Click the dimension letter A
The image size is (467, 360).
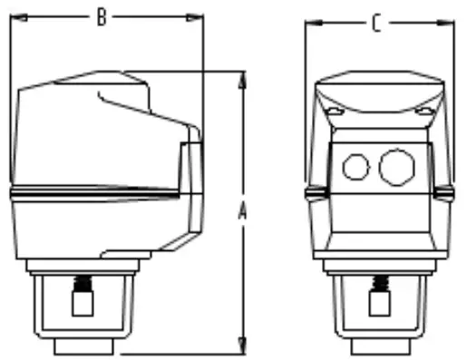242,212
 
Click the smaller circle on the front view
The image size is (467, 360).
355,166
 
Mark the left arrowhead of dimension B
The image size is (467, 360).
15,16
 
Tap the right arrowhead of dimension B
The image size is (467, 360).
197,16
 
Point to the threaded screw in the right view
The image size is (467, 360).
378,288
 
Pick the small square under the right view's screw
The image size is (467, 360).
378,306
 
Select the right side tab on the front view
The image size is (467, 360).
446,192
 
